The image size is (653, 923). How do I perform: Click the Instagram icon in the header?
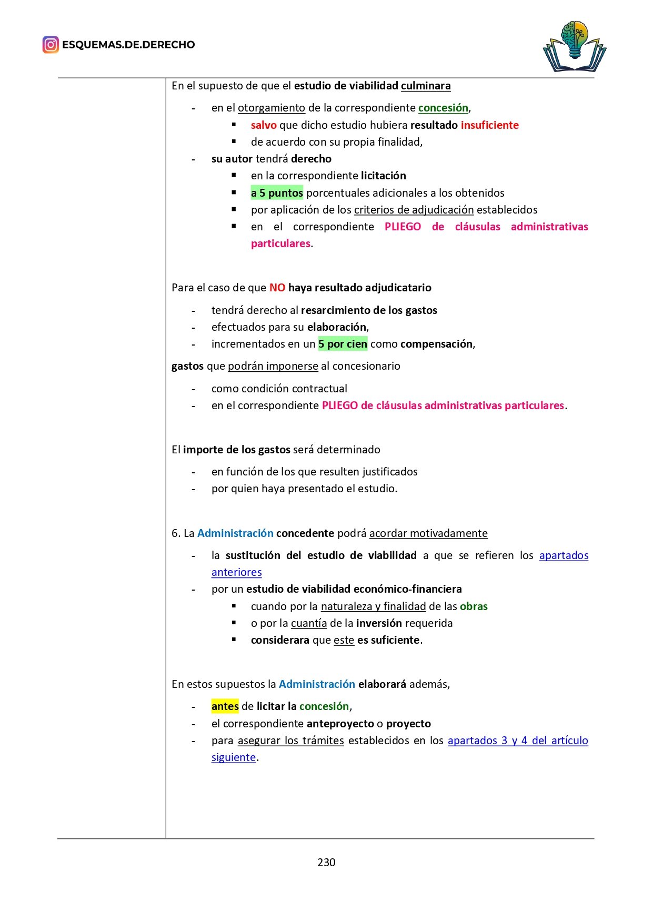click(51, 45)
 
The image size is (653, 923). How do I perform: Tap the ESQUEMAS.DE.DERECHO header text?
click(128, 45)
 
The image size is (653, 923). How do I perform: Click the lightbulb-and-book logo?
click(574, 46)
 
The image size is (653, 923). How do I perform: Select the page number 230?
click(326, 862)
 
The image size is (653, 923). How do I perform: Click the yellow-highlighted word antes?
click(225, 706)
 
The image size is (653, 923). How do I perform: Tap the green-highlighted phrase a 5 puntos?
click(277, 193)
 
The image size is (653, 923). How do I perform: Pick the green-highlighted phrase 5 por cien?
click(343, 344)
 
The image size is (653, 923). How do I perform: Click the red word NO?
click(277, 288)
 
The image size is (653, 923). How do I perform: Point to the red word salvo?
click(264, 125)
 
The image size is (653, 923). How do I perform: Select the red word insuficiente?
click(489, 125)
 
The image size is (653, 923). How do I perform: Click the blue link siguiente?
click(234, 757)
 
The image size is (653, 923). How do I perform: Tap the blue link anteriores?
click(236, 572)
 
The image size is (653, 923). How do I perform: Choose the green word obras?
click(474, 606)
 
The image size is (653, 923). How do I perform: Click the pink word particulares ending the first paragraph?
click(280, 244)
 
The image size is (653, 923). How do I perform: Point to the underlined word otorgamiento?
click(271, 108)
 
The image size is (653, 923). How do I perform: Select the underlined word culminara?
click(425, 86)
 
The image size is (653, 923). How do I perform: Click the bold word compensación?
click(436, 344)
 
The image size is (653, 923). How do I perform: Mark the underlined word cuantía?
click(309, 623)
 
